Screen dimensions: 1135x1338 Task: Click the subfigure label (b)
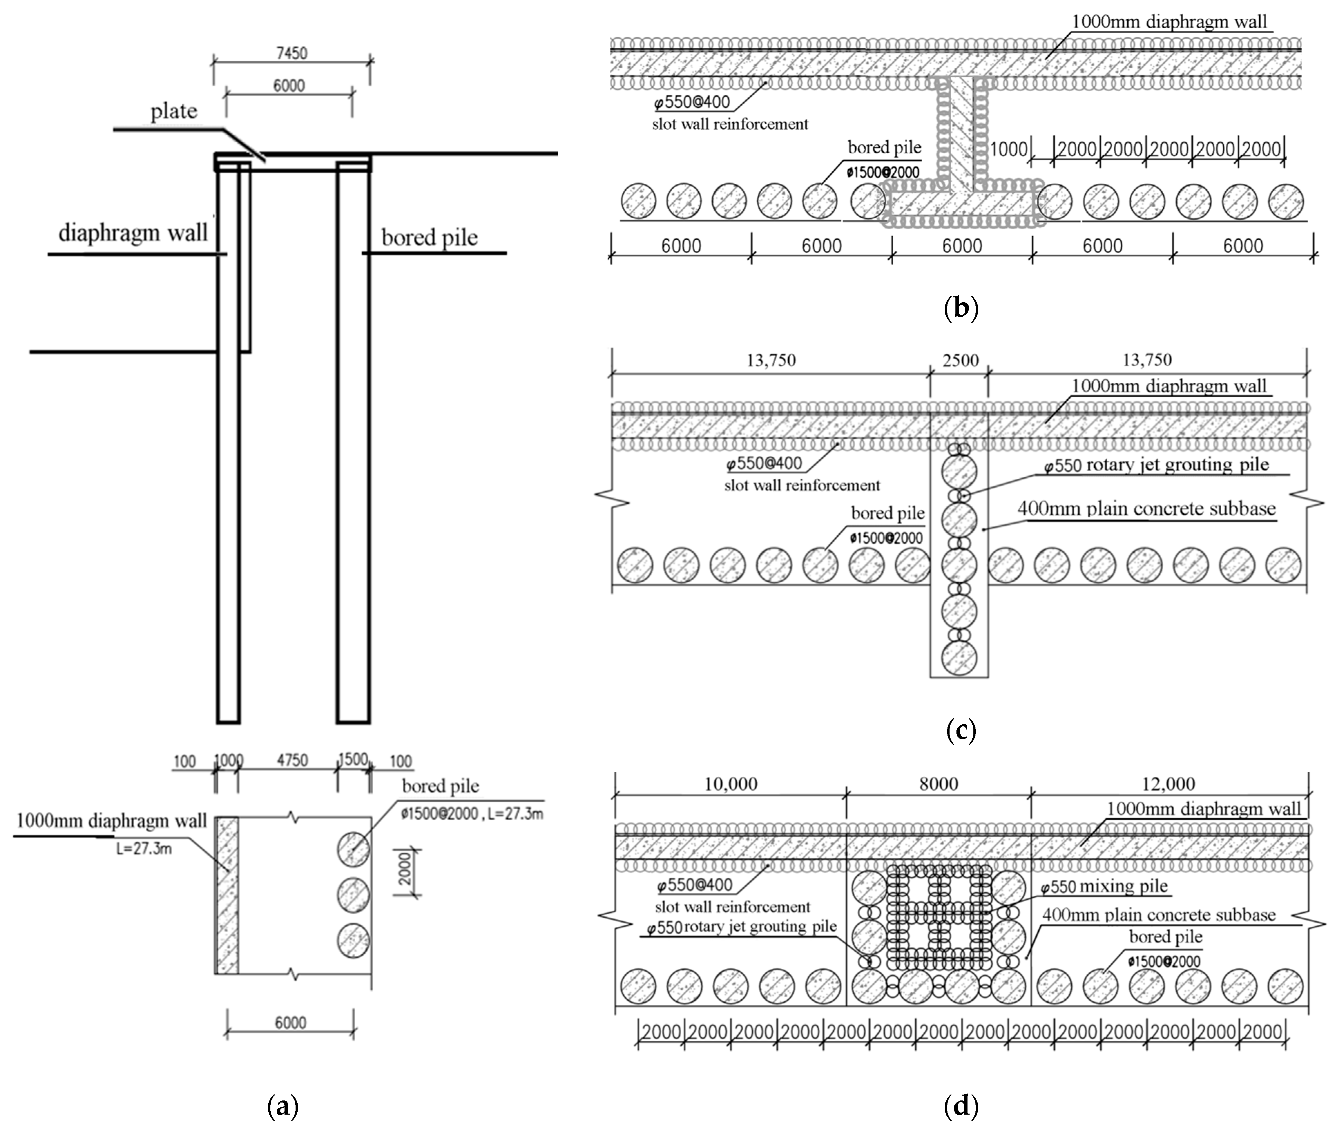point(960,308)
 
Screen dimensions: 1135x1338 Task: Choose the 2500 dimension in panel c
point(960,360)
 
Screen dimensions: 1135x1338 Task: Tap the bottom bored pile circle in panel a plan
point(353,940)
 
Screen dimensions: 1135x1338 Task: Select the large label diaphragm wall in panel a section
point(133,233)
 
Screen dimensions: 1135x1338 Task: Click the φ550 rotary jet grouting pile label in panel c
point(1156,465)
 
